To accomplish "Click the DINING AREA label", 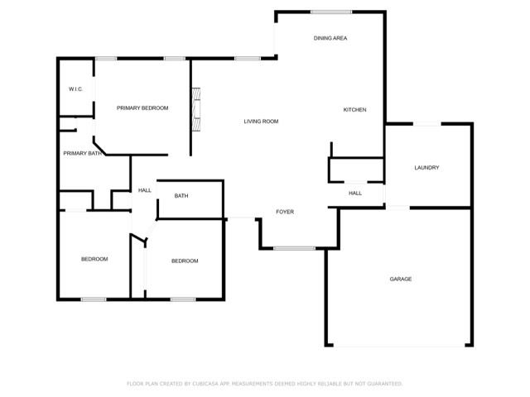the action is pyautogui.click(x=330, y=38).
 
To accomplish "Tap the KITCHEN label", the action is pyautogui.click(x=354, y=110).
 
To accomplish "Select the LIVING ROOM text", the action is pyautogui.click(x=261, y=122).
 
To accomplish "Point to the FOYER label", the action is pyautogui.click(x=285, y=212).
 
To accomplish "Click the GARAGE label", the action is pyautogui.click(x=401, y=279).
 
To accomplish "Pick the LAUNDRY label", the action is pyautogui.click(x=426, y=167).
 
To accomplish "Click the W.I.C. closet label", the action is pyautogui.click(x=75, y=89).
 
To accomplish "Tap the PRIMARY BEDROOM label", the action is pyautogui.click(x=142, y=108).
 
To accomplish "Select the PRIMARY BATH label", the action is pyautogui.click(x=83, y=153).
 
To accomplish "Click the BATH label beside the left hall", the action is pyautogui.click(x=181, y=196).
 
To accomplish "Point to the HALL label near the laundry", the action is pyautogui.click(x=355, y=193).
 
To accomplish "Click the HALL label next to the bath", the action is pyautogui.click(x=145, y=190).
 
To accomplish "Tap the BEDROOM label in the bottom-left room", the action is pyautogui.click(x=94, y=259).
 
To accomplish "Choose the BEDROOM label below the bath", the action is pyautogui.click(x=185, y=261).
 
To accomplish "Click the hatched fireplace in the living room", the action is pyautogui.click(x=196, y=109).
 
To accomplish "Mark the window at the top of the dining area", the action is pyautogui.click(x=331, y=12).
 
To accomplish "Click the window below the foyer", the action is pyautogui.click(x=295, y=248).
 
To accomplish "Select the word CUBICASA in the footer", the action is pyautogui.click(x=205, y=384).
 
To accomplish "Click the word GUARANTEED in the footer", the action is pyautogui.click(x=384, y=384).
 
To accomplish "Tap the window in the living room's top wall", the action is pyautogui.click(x=248, y=59).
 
